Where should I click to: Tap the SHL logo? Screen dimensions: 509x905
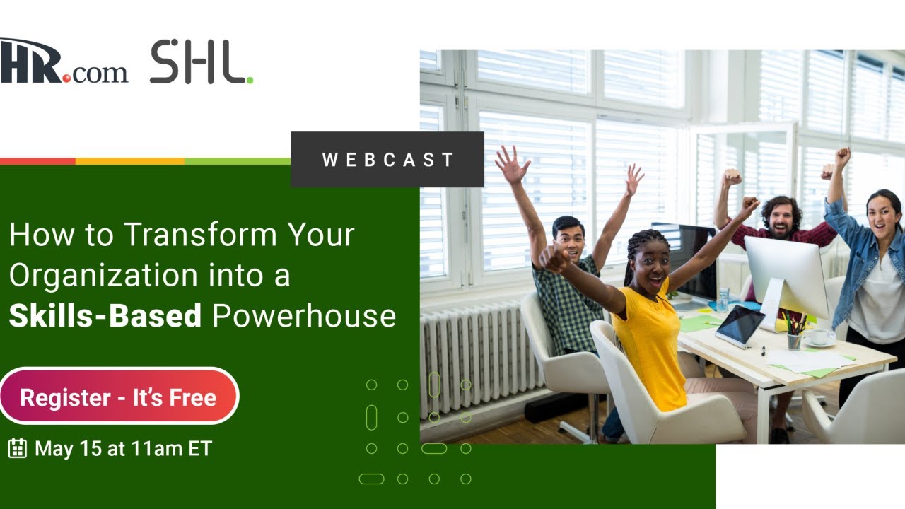(x=199, y=63)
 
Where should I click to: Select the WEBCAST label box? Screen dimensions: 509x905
(x=387, y=160)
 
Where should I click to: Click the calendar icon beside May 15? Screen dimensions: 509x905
(x=18, y=448)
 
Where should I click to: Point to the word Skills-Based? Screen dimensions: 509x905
(x=105, y=315)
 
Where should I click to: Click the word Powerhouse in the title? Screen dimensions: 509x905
(x=304, y=315)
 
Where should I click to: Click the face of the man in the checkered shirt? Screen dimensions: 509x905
(x=569, y=238)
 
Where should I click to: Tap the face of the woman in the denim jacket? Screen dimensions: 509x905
(x=882, y=211)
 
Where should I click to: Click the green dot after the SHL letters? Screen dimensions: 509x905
(x=250, y=81)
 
